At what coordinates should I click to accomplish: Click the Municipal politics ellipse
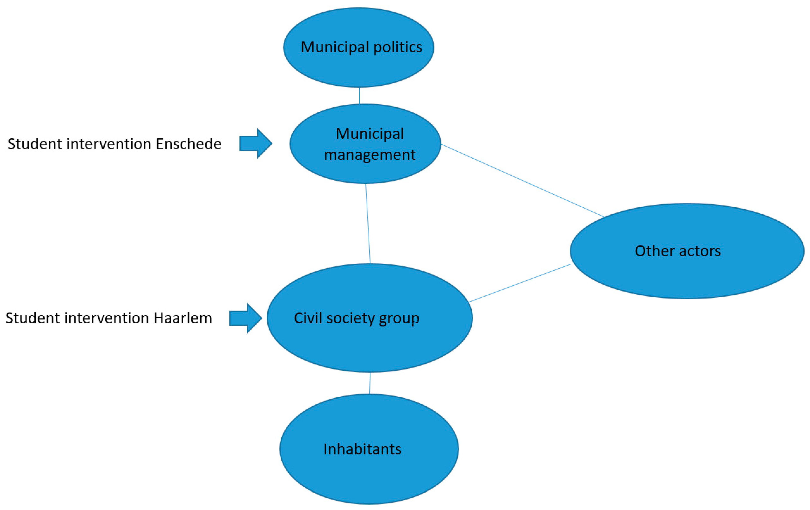(x=359, y=67)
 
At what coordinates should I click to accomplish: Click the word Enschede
(x=188, y=144)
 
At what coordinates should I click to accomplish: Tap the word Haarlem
(x=183, y=318)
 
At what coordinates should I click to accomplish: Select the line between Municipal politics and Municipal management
(x=359, y=96)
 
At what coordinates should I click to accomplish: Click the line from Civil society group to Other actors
(x=520, y=283)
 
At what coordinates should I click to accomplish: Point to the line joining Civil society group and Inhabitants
(x=370, y=383)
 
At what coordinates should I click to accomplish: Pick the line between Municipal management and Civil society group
(x=368, y=224)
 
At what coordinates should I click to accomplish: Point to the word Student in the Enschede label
(x=35, y=144)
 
